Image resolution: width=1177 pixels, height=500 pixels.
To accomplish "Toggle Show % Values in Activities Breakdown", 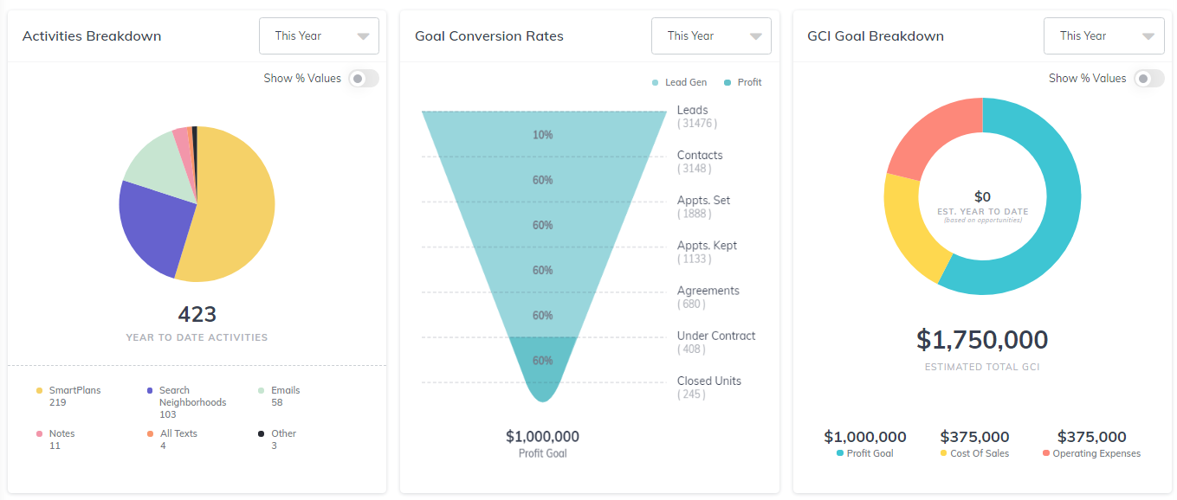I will click(363, 79).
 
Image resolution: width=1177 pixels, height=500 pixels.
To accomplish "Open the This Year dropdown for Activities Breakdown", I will click(319, 36).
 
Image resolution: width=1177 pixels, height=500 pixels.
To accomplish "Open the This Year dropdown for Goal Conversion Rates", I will click(711, 36).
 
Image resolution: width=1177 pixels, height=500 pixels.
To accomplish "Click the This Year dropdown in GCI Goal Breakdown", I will click(1103, 36).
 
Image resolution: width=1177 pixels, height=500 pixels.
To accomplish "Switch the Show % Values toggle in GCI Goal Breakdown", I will click(1148, 79).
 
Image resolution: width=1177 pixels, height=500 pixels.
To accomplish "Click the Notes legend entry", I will click(61, 433).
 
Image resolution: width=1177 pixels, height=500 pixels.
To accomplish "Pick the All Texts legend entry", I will click(178, 433).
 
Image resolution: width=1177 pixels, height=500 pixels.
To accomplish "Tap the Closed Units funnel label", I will click(708, 381).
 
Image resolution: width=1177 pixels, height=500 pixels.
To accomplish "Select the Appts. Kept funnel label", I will click(707, 246).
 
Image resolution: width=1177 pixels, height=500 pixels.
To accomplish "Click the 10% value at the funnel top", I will click(543, 135).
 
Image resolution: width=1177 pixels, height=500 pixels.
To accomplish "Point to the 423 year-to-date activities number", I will click(197, 314).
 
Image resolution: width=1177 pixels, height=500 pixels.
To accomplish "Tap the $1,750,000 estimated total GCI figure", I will click(982, 340).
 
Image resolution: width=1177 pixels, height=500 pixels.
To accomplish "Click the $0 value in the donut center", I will click(982, 197).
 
